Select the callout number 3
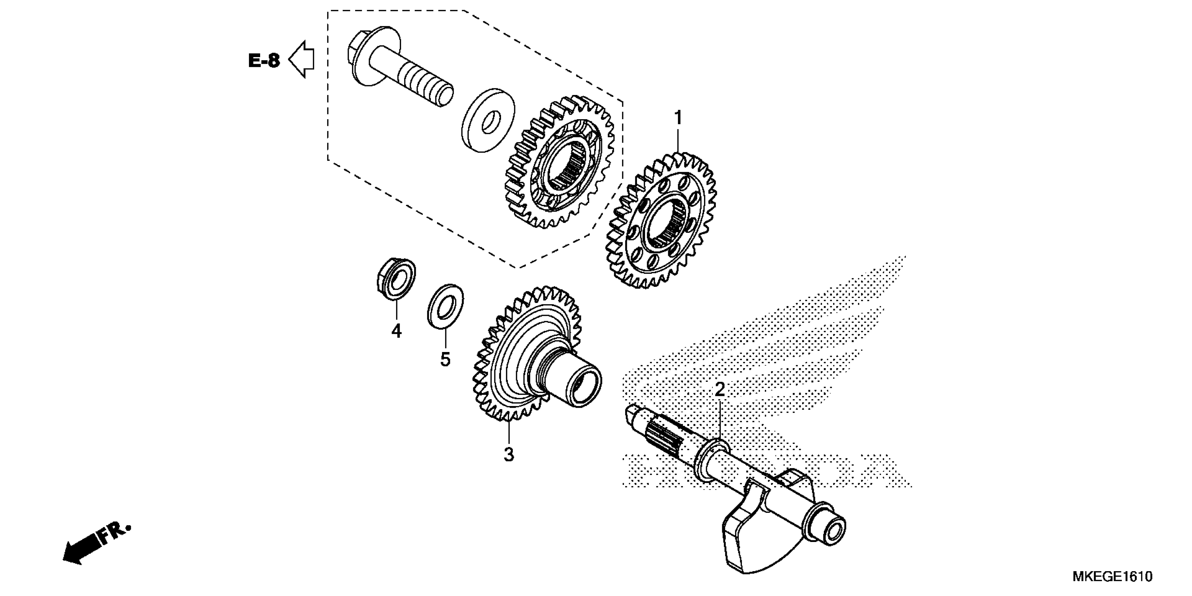509,454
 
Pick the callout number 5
445,359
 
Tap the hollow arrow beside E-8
302,59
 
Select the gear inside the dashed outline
561,162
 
